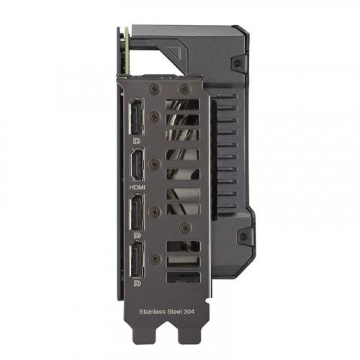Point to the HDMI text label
[136, 184]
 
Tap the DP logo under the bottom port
[136, 284]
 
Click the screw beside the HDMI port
[154, 165]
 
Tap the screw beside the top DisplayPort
[154, 115]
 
